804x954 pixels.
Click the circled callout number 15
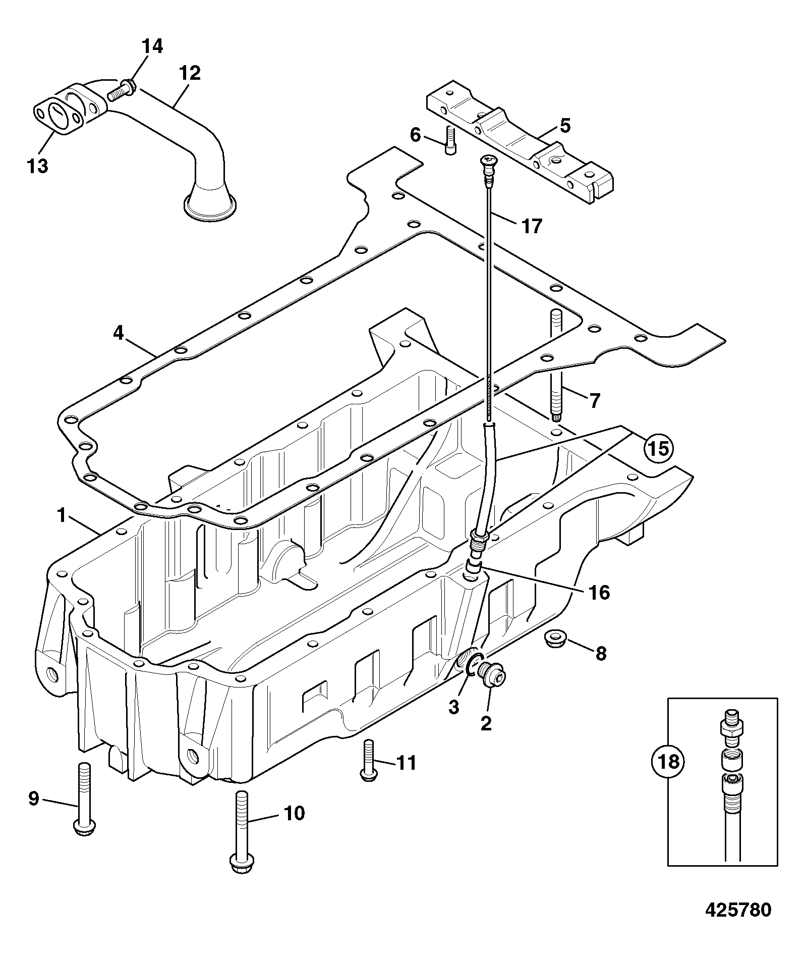[659, 447]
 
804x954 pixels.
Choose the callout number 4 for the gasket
[118, 334]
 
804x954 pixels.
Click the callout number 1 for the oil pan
[62, 516]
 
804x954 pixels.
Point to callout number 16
[599, 592]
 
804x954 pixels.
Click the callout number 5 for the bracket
[565, 126]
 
